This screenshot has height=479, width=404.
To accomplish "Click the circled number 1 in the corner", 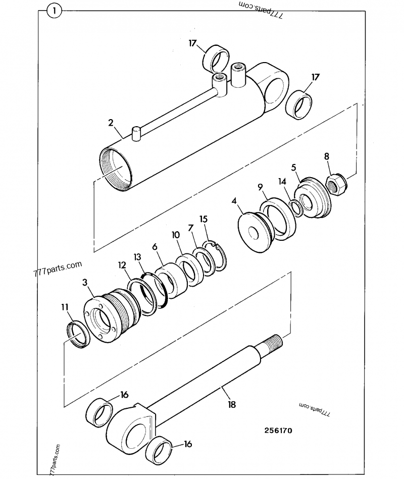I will [x=54, y=10].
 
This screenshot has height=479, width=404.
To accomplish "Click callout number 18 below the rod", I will [x=232, y=404].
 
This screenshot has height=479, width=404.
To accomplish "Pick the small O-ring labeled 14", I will [x=297, y=207].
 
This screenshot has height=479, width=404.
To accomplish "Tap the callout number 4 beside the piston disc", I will [x=234, y=201].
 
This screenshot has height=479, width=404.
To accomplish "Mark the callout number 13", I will [x=137, y=258].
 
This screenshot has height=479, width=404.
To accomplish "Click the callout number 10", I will [x=175, y=236].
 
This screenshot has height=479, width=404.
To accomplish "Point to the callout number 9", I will [x=260, y=188].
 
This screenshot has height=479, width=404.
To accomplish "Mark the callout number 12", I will [x=122, y=264].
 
